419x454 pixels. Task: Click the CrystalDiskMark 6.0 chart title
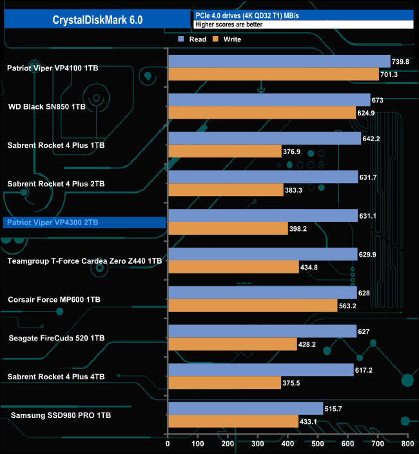pos(98,20)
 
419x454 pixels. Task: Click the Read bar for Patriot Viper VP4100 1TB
pos(278,61)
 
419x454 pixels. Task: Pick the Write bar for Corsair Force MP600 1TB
pos(252,306)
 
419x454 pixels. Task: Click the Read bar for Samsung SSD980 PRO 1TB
pos(245,409)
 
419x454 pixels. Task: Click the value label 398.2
pos(300,229)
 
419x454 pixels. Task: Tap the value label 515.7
pos(336,409)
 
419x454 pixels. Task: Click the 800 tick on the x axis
pos(407,444)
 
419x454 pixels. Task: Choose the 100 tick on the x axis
pos(198,444)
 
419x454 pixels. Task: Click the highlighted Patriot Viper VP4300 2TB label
pos(52,222)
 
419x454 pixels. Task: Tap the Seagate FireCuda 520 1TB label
pos(56,338)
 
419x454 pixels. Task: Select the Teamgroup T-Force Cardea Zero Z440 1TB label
pos(84,261)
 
